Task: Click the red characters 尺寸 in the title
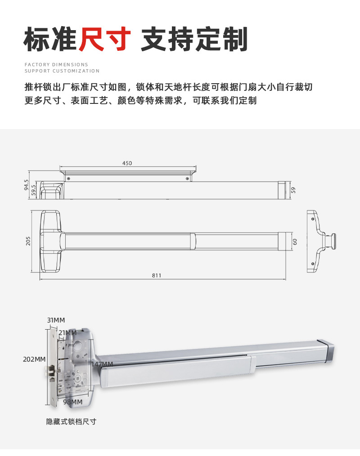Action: (104, 39)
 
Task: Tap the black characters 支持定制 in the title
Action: (194, 39)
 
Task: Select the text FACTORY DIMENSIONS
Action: (56, 65)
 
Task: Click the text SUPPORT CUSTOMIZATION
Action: (62, 71)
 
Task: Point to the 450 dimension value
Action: (127, 163)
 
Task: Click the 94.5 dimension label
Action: (27, 185)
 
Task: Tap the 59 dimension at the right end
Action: (293, 190)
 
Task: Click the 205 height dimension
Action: (28, 241)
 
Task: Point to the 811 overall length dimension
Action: (156, 275)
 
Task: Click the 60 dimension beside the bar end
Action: (295, 241)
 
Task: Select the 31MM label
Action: (56, 320)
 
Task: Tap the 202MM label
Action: (34, 359)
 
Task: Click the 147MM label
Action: (101, 364)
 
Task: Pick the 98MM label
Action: (72, 402)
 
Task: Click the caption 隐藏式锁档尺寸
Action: (71, 421)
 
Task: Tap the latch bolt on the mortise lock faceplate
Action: (47, 371)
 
